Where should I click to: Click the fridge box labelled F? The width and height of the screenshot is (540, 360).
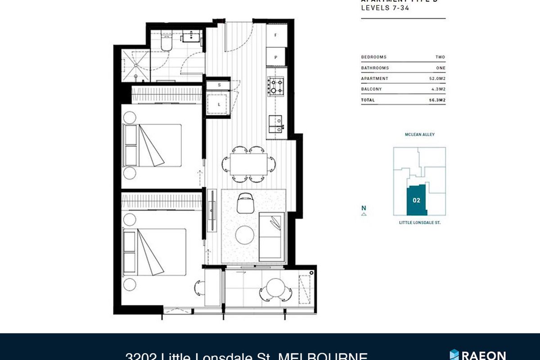tap(276, 35)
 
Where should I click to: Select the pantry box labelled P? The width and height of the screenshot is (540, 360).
tap(276, 58)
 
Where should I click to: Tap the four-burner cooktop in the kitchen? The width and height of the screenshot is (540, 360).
tap(275, 85)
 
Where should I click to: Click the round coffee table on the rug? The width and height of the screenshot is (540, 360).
tap(245, 234)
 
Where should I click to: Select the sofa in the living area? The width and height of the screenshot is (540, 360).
tap(272, 236)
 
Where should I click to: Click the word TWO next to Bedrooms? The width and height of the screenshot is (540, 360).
tap(440, 57)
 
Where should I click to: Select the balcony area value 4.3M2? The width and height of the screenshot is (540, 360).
tap(439, 89)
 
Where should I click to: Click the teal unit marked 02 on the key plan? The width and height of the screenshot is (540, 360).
tap(417, 200)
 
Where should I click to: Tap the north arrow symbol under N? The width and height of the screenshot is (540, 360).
tap(364, 215)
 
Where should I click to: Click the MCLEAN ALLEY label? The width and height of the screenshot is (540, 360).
tap(419, 135)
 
